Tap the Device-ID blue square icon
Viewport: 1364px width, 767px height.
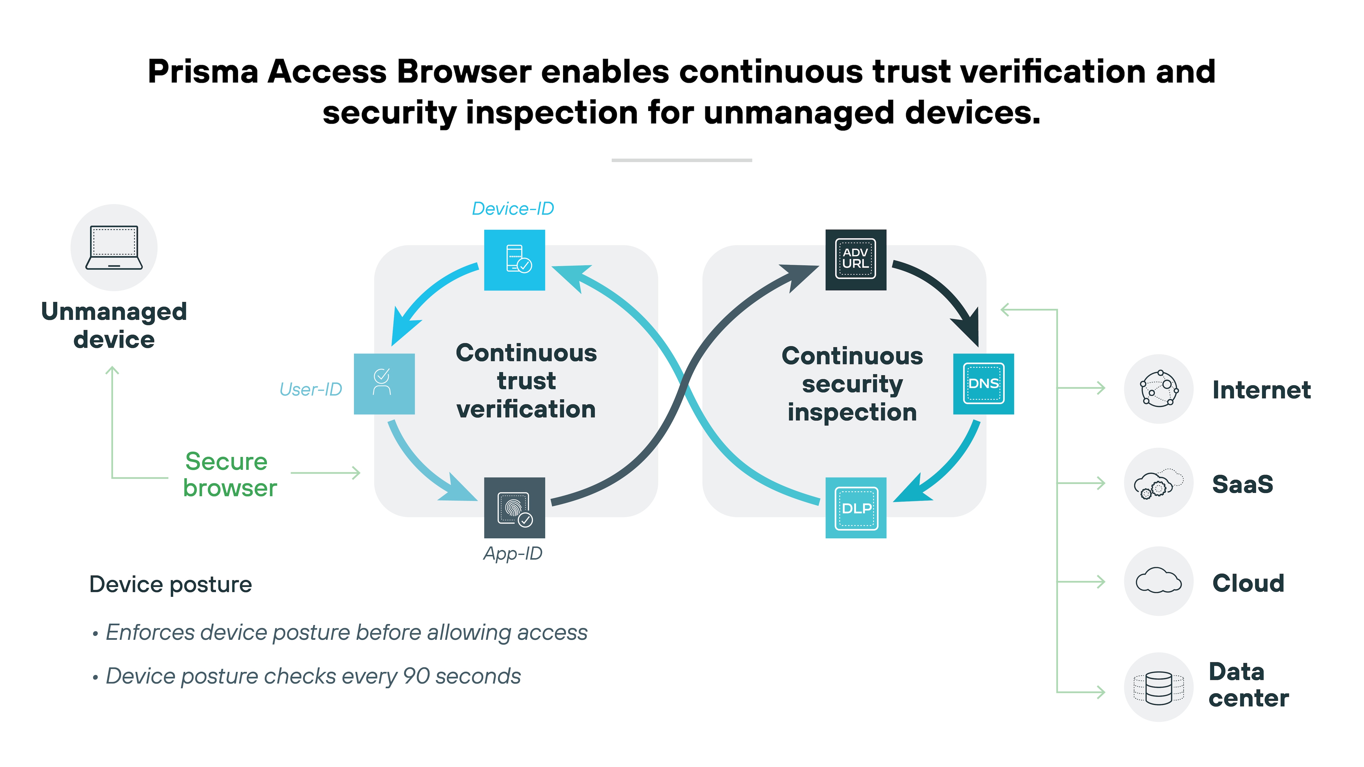click(514, 260)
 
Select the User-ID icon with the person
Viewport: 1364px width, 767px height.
click(384, 384)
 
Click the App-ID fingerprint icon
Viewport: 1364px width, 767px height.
click(514, 508)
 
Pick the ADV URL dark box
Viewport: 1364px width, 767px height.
click(856, 259)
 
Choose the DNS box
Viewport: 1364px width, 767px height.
click(983, 384)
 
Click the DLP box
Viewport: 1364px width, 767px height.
click(856, 508)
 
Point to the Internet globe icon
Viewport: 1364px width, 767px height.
click(1159, 389)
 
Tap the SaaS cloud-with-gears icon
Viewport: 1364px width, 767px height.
click(1159, 483)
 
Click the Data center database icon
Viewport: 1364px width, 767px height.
click(1159, 687)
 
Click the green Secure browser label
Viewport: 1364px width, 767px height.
click(229, 475)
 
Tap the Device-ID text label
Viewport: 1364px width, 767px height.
click(513, 209)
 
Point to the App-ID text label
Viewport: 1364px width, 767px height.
click(513, 554)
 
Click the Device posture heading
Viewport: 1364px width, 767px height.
click(170, 584)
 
